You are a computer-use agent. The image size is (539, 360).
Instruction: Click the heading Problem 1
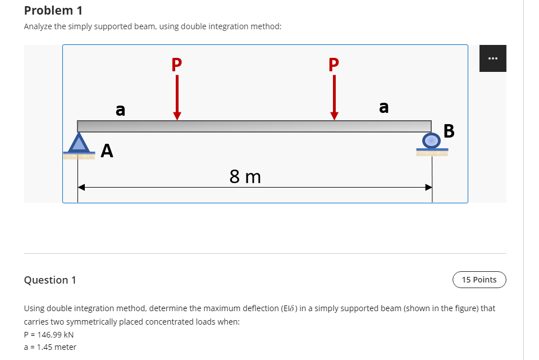tap(49, 10)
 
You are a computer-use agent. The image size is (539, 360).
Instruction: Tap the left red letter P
tap(177, 63)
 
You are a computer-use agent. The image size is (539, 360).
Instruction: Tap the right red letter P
tap(334, 63)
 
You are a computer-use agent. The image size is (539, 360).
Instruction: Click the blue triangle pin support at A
tap(79, 143)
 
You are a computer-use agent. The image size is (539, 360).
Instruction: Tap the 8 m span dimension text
tap(245, 177)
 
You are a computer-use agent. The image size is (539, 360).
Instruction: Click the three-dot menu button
tap(492, 58)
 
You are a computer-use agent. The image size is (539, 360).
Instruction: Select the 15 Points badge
tap(479, 280)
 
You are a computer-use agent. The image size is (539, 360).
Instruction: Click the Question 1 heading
tap(50, 280)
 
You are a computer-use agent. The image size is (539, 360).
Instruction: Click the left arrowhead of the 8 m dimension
tap(81, 188)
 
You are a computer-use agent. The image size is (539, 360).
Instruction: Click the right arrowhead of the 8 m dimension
tap(428, 188)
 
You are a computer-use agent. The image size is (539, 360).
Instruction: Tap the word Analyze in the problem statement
tap(38, 27)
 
